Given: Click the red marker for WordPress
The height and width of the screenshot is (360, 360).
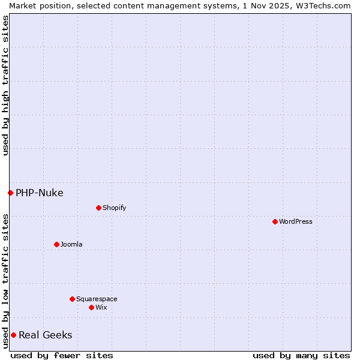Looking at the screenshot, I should pyautogui.click(x=275, y=221).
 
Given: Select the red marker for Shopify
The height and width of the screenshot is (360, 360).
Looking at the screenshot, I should pyautogui.click(x=98, y=208).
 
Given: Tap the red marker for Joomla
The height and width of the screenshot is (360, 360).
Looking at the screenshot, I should pyautogui.click(x=56, y=244).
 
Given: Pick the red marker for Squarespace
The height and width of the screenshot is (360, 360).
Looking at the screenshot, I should pyautogui.click(x=72, y=299).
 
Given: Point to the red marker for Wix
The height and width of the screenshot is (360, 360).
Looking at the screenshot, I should pyautogui.click(x=91, y=307).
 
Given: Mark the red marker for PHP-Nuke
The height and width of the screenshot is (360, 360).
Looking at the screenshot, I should pyautogui.click(x=10, y=193).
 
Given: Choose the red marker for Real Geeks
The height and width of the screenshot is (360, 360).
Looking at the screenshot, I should pyautogui.click(x=13, y=335).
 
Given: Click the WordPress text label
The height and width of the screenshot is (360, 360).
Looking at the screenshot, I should pyautogui.click(x=296, y=221).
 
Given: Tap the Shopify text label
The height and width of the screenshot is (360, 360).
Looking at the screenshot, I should pyautogui.click(x=114, y=208).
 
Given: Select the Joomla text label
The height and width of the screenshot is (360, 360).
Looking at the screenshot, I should pyautogui.click(x=71, y=244).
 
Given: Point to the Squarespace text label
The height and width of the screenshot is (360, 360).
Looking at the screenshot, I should pyautogui.click(x=97, y=299).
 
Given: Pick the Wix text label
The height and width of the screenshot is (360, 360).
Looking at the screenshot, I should pyautogui.click(x=101, y=307).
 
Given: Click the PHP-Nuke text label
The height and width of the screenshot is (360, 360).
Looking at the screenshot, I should pyautogui.click(x=40, y=193).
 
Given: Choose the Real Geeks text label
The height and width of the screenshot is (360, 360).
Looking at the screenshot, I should pyautogui.click(x=46, y=335).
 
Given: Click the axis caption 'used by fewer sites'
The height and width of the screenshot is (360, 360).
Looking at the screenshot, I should pyautogui.click(x=62, y=355).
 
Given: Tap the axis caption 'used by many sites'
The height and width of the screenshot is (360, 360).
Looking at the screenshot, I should pyautogui.click(x=301, y=355).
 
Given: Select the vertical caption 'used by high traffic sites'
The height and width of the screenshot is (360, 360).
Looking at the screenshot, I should pyautogui.click(x=5, y=85).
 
